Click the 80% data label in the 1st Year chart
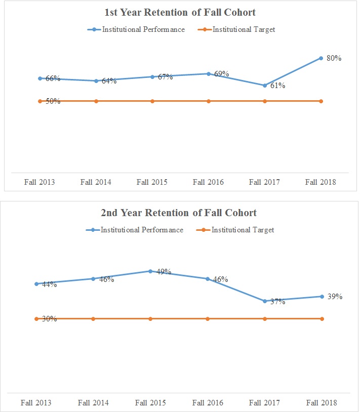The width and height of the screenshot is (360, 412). [334, 58]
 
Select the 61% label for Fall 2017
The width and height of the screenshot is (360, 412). [277, 86]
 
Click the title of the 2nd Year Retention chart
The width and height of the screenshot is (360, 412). [179, 213]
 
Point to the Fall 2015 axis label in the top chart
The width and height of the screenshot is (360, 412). [152, 182]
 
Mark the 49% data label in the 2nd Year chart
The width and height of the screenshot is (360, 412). [164, 272]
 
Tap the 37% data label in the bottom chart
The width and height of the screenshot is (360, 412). [277, 302]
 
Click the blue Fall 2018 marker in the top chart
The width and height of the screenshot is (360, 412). [321, 58]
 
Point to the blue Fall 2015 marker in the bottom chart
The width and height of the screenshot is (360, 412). [150, 271]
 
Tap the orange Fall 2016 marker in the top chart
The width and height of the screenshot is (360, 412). [208, 101]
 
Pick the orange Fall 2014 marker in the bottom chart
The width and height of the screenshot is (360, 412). [93, 319]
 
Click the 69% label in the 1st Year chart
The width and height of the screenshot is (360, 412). [221, 74]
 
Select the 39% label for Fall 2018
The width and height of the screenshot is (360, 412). [335, 297]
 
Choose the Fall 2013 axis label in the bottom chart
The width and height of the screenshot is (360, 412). [36, 403]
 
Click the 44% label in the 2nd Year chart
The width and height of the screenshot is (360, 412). [49, 284]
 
